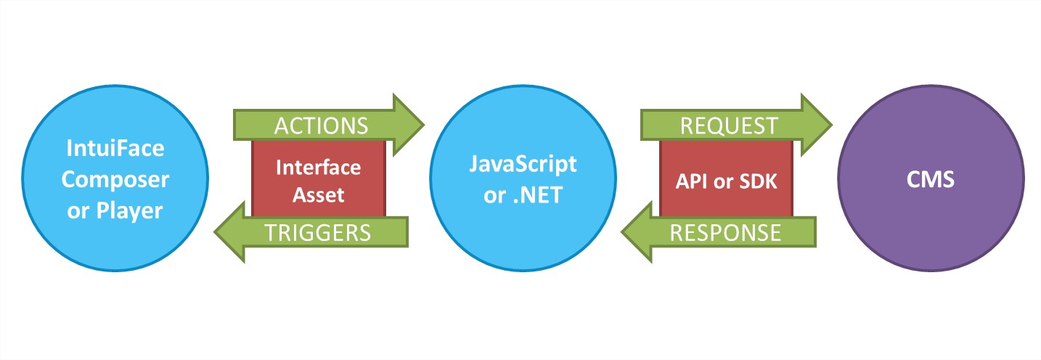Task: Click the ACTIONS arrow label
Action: (321, 126)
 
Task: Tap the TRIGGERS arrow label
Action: (318, 232)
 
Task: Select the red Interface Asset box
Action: (319, 179)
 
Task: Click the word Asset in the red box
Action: (319, 194)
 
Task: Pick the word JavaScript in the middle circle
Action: (523, 164)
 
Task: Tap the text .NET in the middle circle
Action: (536, 195)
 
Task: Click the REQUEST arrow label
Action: (728, 126)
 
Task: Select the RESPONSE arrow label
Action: (725, 232)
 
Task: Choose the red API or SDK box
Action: (726, 179)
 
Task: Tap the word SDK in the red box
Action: (757, 181)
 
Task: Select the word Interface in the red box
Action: (319, 168)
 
